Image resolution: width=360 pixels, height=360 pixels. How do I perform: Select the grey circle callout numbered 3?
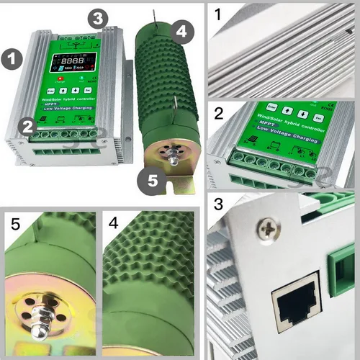99,18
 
